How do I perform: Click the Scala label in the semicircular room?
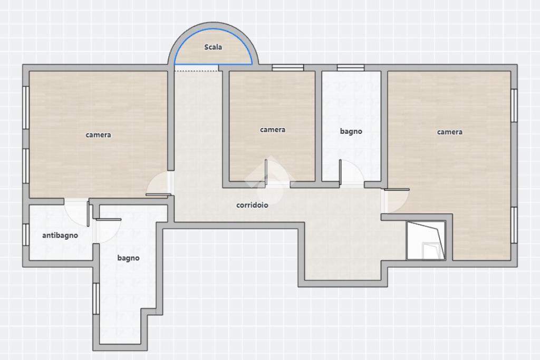pos(213,47)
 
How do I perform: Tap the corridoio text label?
pos(252,205)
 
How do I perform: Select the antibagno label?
pos(60,236)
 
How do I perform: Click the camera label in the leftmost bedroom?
pos(98,135)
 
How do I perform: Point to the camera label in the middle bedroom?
pos(273,130)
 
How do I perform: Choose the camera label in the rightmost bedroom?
pos(450,132)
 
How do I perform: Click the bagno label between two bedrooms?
pos(351,131)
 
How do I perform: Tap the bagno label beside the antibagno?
pos(128,258)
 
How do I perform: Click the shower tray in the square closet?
pos(426,240)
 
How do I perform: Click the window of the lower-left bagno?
pos(96,298)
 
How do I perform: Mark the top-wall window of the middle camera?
pos(287,68)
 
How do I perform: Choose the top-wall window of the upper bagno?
pos(351,68)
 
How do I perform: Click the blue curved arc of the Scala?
pos(214,30)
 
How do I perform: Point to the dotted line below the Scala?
pos(196,71)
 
